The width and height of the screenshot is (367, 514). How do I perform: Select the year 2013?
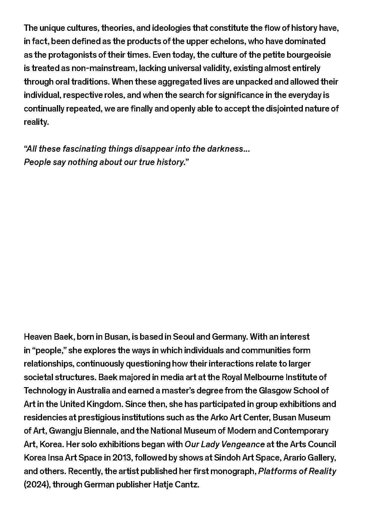point(122,457)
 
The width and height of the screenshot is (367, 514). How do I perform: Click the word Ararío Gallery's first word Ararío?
point(296,457)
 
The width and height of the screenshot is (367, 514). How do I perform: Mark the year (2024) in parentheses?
point(37,484)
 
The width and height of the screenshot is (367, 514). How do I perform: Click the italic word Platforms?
point(274,471)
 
